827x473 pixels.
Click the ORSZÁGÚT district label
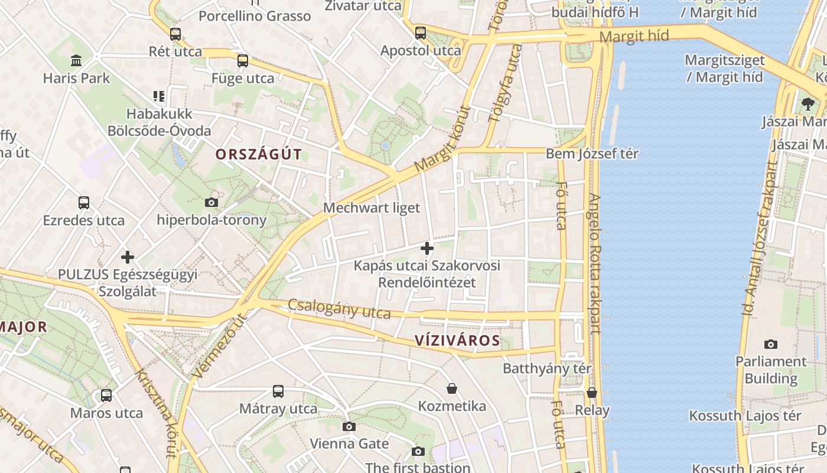click(259, 155)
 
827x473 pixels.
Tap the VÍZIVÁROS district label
click(457, 341)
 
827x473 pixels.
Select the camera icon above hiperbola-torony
click(211, 203)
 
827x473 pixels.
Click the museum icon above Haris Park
click(76, 60)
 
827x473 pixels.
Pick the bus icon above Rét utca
click(175, 34)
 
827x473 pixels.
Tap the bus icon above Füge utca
click(243, 61)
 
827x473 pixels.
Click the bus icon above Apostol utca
click(421, 33)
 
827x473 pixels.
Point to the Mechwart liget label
click(372, 208)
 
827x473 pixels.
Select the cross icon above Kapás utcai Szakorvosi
click(427, 248)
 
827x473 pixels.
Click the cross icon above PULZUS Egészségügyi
click(128, 257)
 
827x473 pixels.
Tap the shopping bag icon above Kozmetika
click(452, 388)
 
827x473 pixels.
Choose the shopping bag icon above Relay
click(592, 393)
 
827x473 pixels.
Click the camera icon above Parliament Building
click(771, 344)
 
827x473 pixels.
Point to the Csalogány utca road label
click(339, 309)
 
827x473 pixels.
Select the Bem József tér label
click(592, 154)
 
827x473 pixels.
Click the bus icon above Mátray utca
click(278, 391)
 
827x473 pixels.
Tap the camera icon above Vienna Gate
click(349, 426)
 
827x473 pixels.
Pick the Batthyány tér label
click(547, 369)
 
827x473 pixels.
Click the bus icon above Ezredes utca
click(84, 203)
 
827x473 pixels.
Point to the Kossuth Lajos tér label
click(745, 416)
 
